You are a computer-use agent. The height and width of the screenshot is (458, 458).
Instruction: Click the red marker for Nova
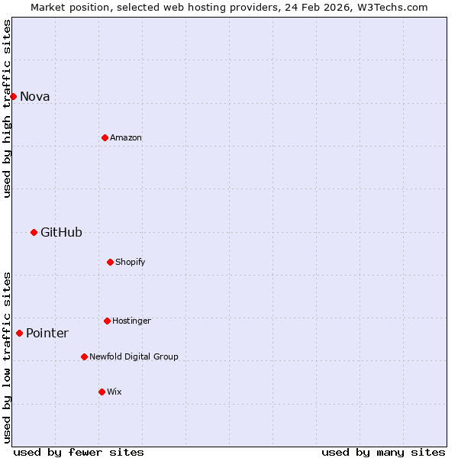tap(13, 96)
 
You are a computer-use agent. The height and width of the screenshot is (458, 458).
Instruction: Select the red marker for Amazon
tap(105, 137)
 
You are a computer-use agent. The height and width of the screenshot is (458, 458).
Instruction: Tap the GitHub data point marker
tap(34, 232)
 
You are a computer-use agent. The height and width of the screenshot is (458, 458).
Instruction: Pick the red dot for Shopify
tap(110, 262)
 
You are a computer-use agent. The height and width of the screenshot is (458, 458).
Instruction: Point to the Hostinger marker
tap(107, 321)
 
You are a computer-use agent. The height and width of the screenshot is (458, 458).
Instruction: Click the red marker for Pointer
tap(19, 333)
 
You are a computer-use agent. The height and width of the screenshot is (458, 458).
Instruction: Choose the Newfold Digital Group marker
tap(84, 356)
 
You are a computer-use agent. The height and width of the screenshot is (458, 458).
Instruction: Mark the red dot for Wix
tap(102, 392)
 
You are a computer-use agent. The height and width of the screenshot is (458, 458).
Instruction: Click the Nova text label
tap(34, 96)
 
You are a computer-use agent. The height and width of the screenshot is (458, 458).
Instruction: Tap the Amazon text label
tap(126, 137)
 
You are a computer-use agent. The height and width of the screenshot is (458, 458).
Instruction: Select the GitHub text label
tap(61, 232)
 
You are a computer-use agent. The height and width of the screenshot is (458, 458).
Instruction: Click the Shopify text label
tap(131, 262)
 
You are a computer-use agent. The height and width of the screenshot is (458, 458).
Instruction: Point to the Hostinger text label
tap(131, 321)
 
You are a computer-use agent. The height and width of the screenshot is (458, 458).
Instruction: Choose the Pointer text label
tap(47, 333)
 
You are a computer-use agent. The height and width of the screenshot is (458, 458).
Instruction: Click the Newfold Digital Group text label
tap(134, 356)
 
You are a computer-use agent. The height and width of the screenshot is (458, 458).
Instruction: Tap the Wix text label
tap(114, 392)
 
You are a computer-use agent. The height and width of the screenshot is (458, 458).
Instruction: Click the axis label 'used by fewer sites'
tap(79, 452)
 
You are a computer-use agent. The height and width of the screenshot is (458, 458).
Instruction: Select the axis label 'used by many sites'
tap(383, 452)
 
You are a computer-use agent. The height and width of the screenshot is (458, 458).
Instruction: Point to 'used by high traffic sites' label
tap(7, 108)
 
